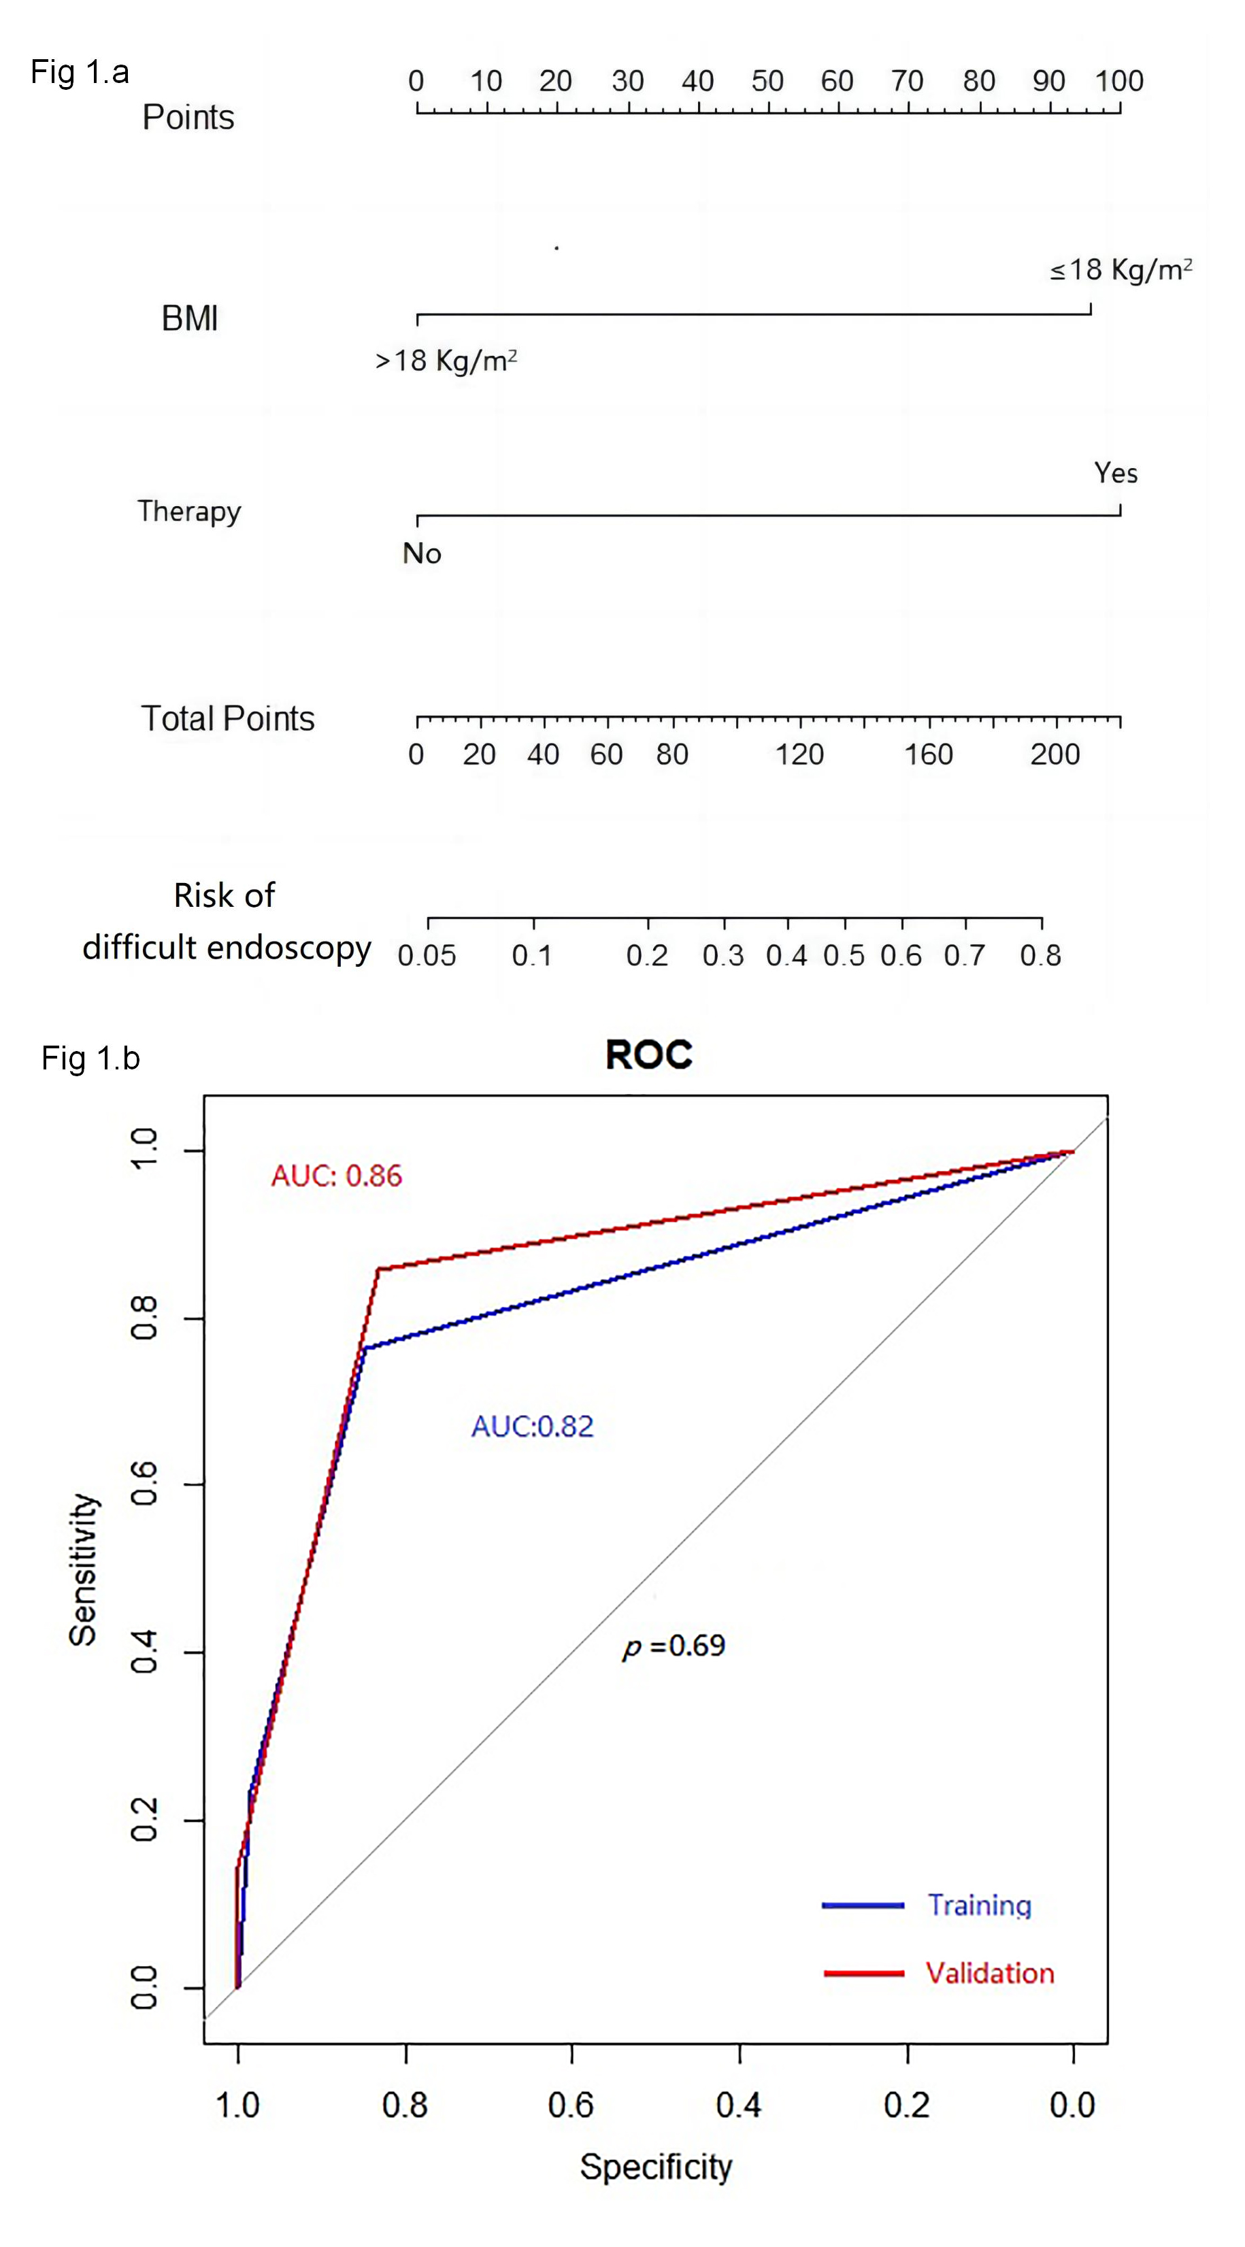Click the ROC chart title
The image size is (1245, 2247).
648,1054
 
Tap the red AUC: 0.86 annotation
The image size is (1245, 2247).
336,1176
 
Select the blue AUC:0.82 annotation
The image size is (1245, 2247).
532,1426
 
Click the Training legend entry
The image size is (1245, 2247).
978,1905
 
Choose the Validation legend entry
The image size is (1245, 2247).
989,1973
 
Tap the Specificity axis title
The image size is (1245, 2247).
656,2167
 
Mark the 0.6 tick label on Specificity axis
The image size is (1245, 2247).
571,2105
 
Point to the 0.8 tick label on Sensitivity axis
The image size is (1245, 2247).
144,1318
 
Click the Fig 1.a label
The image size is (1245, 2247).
80,72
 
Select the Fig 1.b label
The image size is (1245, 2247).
90,1058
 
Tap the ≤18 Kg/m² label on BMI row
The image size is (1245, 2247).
1120,270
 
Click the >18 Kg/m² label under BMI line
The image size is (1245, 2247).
446,361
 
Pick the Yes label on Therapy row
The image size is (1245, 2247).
1116,473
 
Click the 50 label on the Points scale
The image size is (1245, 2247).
768,81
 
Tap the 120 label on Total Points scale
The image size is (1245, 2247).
799,754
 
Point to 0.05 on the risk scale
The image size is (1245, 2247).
427,956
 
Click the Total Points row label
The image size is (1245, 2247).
228,719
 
